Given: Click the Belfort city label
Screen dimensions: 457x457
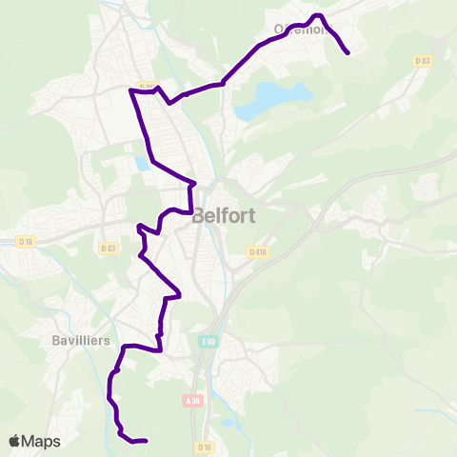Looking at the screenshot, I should pyautogui.click(x=223, y=215).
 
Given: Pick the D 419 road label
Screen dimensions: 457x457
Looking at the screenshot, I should pyautogui.click(x=257, y=252).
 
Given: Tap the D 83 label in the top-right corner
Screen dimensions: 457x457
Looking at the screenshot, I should pyautogui.click(x=423, y=61).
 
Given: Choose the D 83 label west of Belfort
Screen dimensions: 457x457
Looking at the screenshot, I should pyautogui.click(x=108, y=248).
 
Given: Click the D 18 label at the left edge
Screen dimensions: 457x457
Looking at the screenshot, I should pyautogui.click(x=25, y=243).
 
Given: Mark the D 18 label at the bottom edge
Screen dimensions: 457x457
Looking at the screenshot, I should pyautogui.click(x=205, y=447).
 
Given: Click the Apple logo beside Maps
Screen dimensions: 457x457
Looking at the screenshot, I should pyautogui.click(x=14, y=441).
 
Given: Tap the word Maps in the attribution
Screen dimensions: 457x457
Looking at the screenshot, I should pyautogui.click(x=41, y=441).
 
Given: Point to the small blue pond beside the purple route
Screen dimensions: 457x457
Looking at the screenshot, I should pyautogui.click(x=143, y=164).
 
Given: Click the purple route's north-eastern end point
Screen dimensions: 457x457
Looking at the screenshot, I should pyautogui.click(x=348, y=52).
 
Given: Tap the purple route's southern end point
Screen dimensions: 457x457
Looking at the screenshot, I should pyautogui.click(x=145, y=441).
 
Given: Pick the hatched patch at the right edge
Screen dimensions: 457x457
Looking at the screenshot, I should pyautogui.click(x=431, y=187).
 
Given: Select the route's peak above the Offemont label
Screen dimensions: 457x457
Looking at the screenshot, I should pyautogui.click(x=319, y=15).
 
